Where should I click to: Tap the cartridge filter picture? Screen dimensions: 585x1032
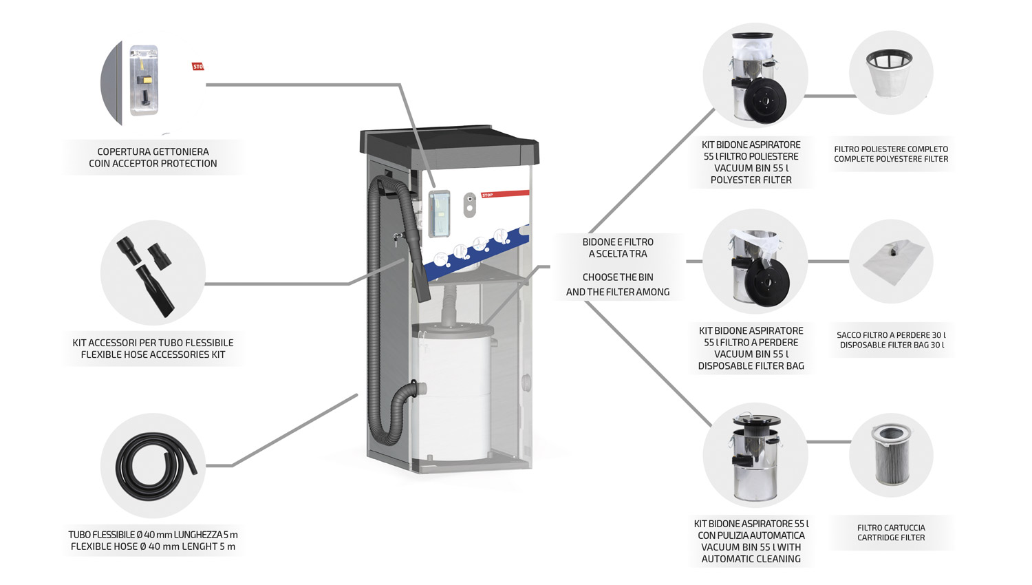click(x=891, y=454)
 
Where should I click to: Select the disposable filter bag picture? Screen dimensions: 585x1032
click(x=890, y=262)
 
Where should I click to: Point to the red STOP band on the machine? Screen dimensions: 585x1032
click(x=506, y=194)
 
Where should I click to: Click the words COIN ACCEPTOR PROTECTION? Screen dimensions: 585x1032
click(x=153, y=164)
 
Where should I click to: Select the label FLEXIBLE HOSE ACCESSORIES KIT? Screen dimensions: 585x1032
click(x=153, y=354)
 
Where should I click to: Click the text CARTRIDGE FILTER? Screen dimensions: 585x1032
click(x=891, y=538)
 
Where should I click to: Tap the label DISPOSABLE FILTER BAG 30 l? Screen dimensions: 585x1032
click(x=891, y=345)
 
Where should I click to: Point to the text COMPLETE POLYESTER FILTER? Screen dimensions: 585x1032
click(x=891, y=159)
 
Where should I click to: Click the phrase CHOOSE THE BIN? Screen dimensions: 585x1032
click(x=618, y=277)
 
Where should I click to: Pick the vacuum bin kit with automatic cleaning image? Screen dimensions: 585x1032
click(x=755, y=456)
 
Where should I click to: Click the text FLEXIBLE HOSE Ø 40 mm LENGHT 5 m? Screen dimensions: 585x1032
click(x=153, y=546)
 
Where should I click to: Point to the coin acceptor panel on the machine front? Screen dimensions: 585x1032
click(x=439, y=213)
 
